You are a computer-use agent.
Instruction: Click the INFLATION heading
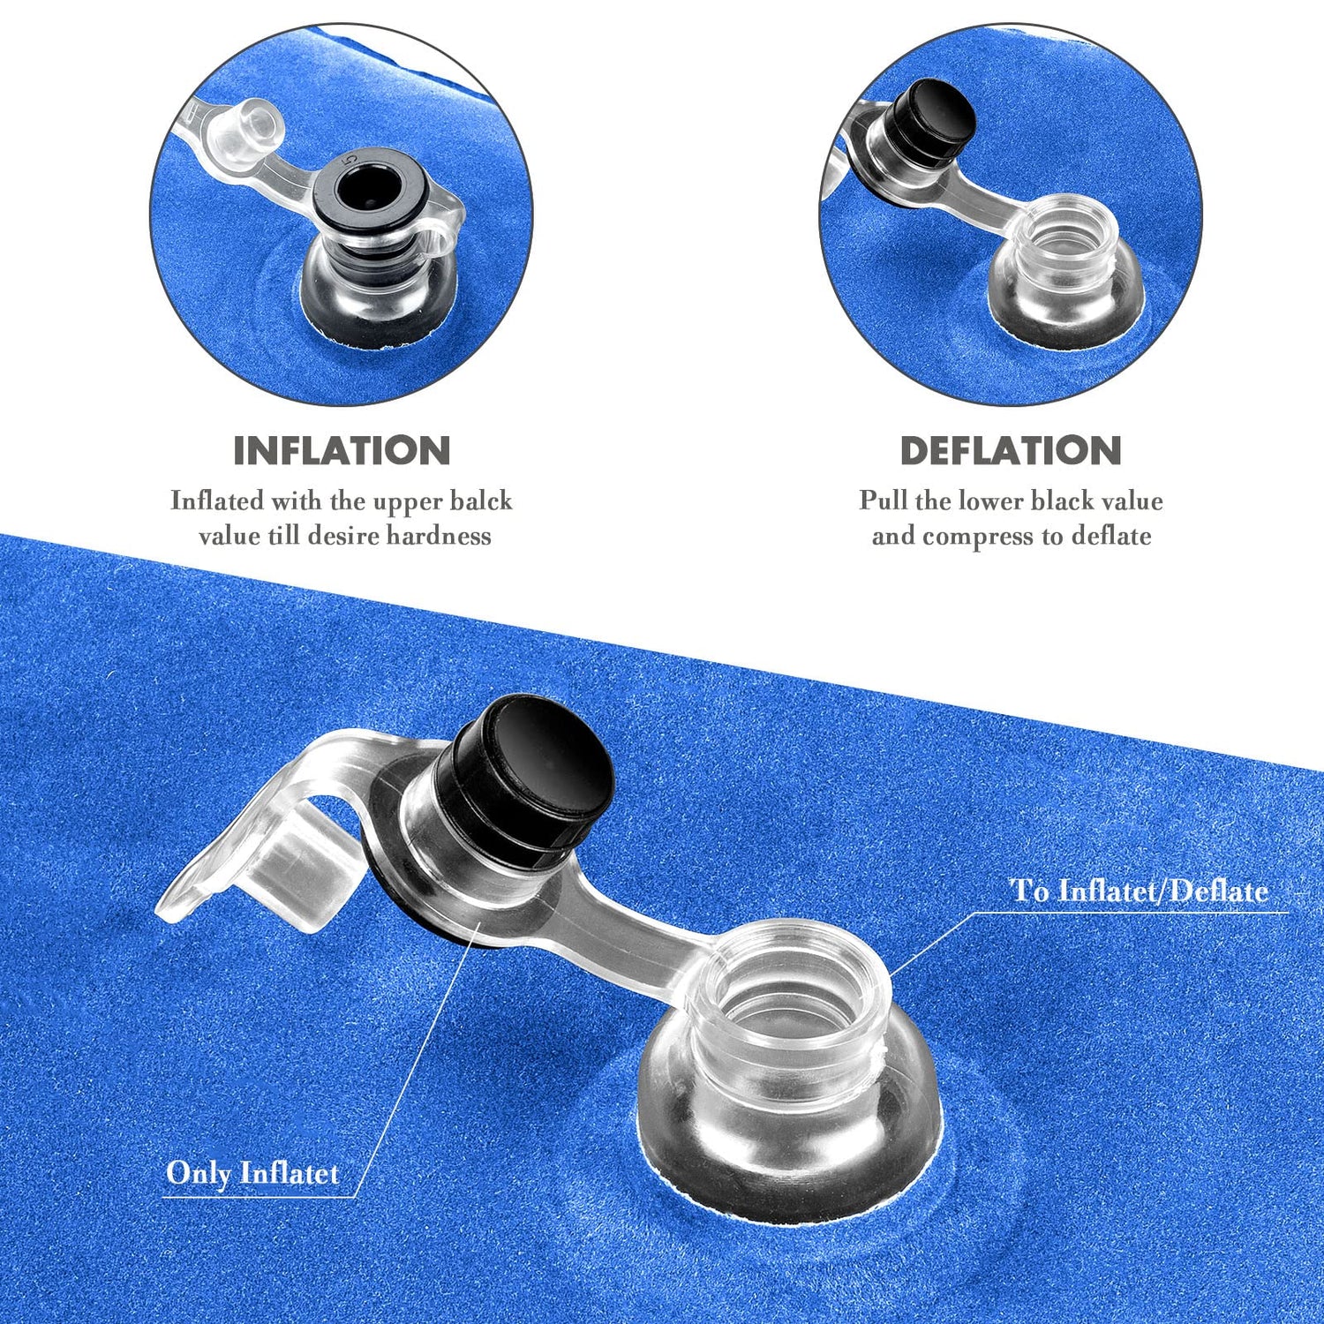(x=342, y=451)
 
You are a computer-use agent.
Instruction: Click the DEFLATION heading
(x=1011, y=451)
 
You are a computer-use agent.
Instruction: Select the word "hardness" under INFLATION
(x=439, y=536)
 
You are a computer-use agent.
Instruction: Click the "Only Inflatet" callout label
(x=252, y=1173)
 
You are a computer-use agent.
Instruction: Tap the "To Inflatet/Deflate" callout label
(x=1140, y=891)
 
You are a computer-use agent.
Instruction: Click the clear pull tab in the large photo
(x=265, y=839)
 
